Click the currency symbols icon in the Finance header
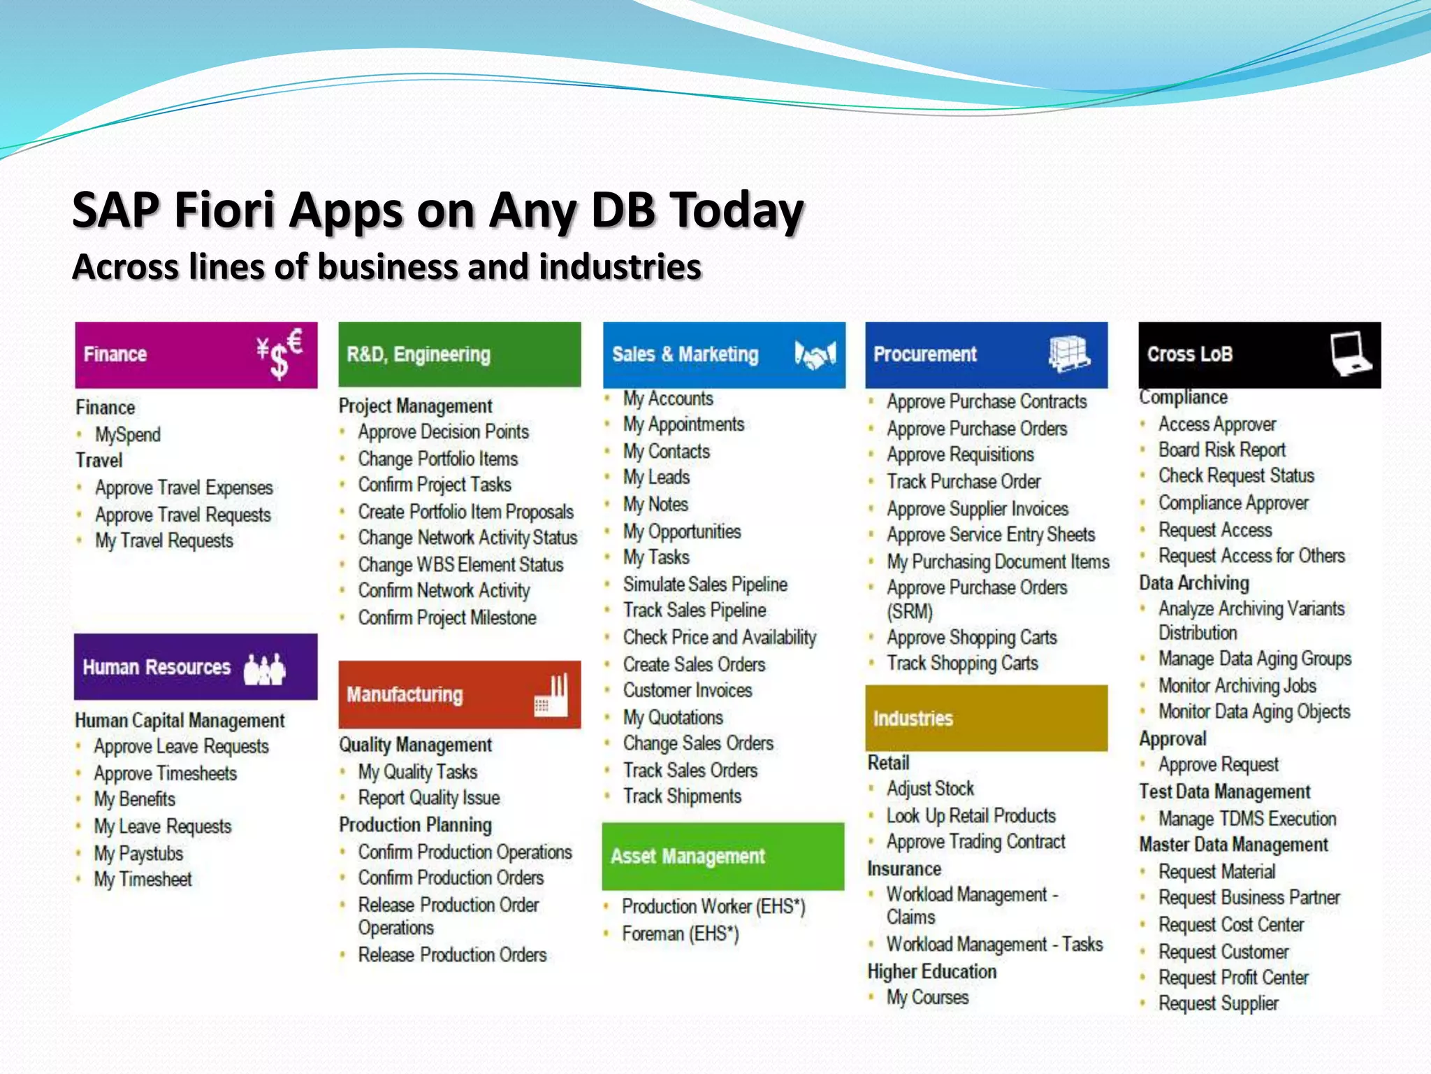click(279, 353)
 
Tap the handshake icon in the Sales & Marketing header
click(815, 355)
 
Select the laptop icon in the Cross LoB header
click(1351, 354)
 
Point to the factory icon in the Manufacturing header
click(551, 695)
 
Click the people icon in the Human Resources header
click(264, 668)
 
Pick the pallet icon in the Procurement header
click(1068, 354)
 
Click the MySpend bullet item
click(128, 434)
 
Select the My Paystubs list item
click(138, 853)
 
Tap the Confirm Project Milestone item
click(447, 617)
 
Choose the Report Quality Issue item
click(429, 798)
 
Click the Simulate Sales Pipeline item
click(705, 584)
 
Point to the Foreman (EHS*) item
click(681, 933)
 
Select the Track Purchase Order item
click(964, 481)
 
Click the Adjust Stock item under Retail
click(930, 789)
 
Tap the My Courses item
click(927, 997)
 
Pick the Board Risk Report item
click(1222, 450)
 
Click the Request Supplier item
click(1219, 1003)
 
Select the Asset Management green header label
click(688, 857)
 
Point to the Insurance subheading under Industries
click(904, 868)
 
